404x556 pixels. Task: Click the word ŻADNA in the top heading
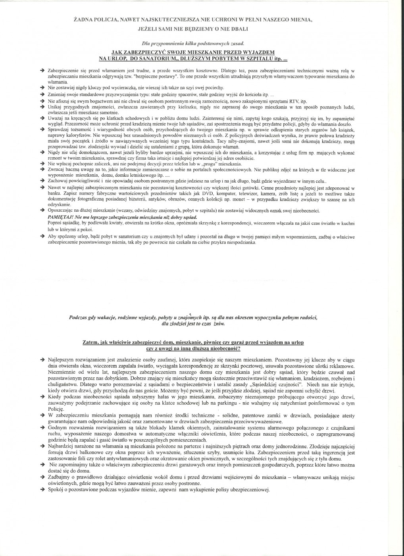[82, 19]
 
